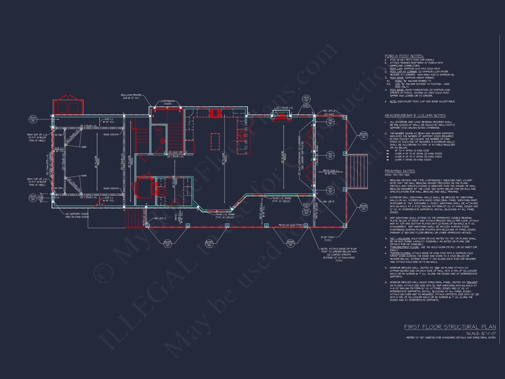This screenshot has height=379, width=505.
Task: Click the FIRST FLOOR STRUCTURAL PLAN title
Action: point(450,327)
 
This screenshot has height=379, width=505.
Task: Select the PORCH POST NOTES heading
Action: point(404,56)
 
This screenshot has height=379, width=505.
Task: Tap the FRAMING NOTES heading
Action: point(400,171)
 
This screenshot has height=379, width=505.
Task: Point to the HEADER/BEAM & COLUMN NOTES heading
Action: point(415,115)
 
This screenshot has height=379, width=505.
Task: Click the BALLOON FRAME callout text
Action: point(131,97)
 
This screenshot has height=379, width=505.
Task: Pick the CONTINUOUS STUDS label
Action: point(167,102)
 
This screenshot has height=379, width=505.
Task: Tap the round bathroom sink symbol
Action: point(162,141)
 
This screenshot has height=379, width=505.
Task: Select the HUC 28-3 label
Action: point(328,201)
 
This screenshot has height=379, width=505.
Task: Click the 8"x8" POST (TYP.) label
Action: point(328,239)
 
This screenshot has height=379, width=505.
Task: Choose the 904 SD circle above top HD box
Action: point(306,99)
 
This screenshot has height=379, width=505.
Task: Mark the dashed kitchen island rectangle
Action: point(215,141)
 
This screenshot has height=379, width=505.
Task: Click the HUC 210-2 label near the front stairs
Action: point(160,218)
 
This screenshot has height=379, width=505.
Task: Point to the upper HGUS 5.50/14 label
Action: point(111,134)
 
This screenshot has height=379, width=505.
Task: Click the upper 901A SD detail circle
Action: point(33,119)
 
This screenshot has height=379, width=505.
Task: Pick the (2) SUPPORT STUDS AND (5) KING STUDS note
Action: point(77,215)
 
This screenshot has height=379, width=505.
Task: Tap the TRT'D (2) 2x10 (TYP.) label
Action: point(290,225)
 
